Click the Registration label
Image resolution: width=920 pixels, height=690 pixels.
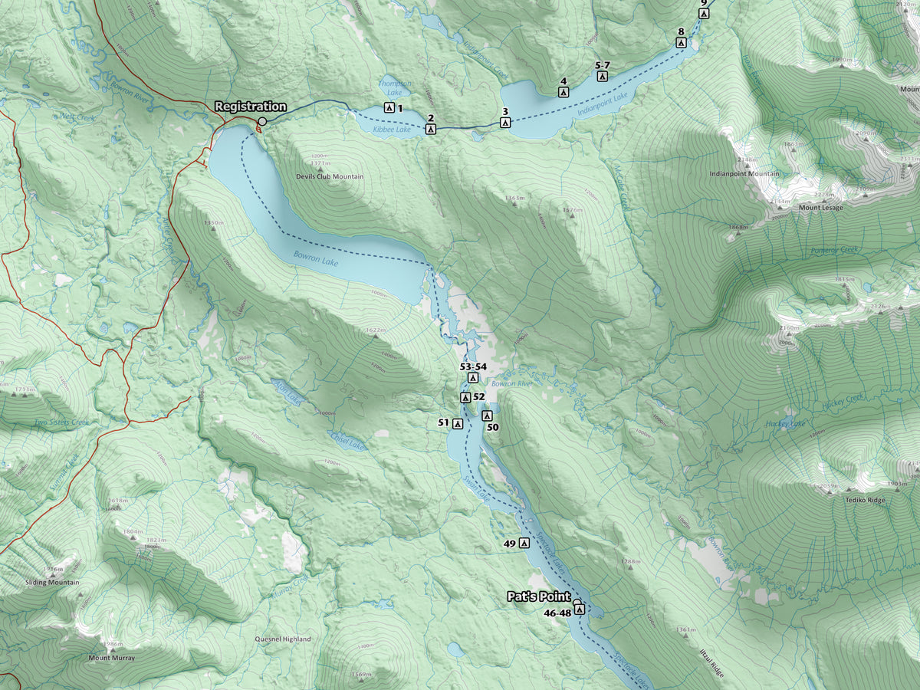[x=251, y=107]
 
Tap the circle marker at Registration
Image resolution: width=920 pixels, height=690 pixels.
[x=262, y=121]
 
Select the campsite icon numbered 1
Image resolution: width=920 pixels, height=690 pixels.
[x=389, y=108]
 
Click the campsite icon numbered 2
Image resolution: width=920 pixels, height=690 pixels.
[x=431, y=129]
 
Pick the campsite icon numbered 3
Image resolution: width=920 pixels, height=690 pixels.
[x=504, y=123]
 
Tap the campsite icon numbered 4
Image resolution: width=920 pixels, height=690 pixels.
[x=563, y=92]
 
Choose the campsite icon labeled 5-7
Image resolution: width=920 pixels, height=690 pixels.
[x=603, y=76]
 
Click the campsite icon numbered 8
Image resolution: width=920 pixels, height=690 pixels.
[x=681, y=43]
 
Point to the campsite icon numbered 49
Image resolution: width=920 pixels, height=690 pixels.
[x=524, y=543]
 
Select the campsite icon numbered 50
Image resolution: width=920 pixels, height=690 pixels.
[x=486, y=416]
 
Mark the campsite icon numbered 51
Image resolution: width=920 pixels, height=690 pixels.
[x=458, y=423]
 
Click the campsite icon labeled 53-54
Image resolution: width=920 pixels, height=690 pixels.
[x=473, y=378]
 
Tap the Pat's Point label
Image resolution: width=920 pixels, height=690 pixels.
[x=538, y=596]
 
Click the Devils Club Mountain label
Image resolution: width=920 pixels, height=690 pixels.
[x=330, y=177]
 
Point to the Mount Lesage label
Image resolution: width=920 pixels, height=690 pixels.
[x=820, y=208]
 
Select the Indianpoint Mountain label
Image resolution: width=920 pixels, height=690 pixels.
[x=744, y=174]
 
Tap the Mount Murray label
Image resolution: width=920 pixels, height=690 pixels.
[x=111, y=658]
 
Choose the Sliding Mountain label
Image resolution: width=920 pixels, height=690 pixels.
[x=53, y=582]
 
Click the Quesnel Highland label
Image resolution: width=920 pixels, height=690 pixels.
[x=283, y=639]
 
